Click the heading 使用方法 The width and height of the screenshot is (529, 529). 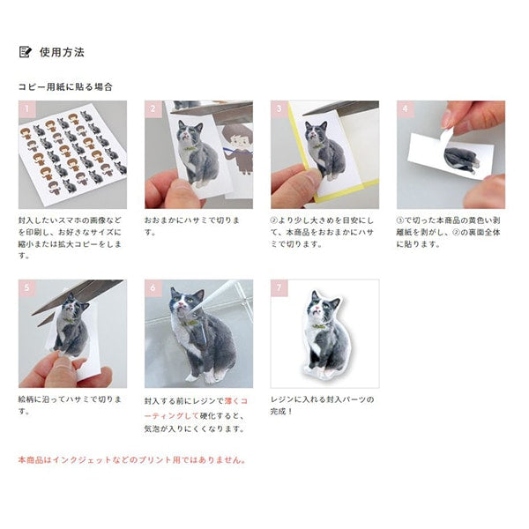pyautogui.click(x=62, y=52)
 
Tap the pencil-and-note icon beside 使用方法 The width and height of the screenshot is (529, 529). pyautogui.click(x=26, y=52)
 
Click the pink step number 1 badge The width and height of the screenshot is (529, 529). pyautogui.click(x=26, y=109)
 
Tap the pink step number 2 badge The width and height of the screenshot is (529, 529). pyautogui.click(x=153, y=109)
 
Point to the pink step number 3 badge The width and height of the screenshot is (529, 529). pyautogui.click(x=279, y=109)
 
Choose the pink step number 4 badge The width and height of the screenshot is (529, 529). pyautogui.click(x=405, y=109)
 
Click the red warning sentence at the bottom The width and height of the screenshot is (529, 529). pyautogui.click(x=132, y=459)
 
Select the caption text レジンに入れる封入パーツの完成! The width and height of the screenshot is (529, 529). pyautogui.click(x=321, y=406)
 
